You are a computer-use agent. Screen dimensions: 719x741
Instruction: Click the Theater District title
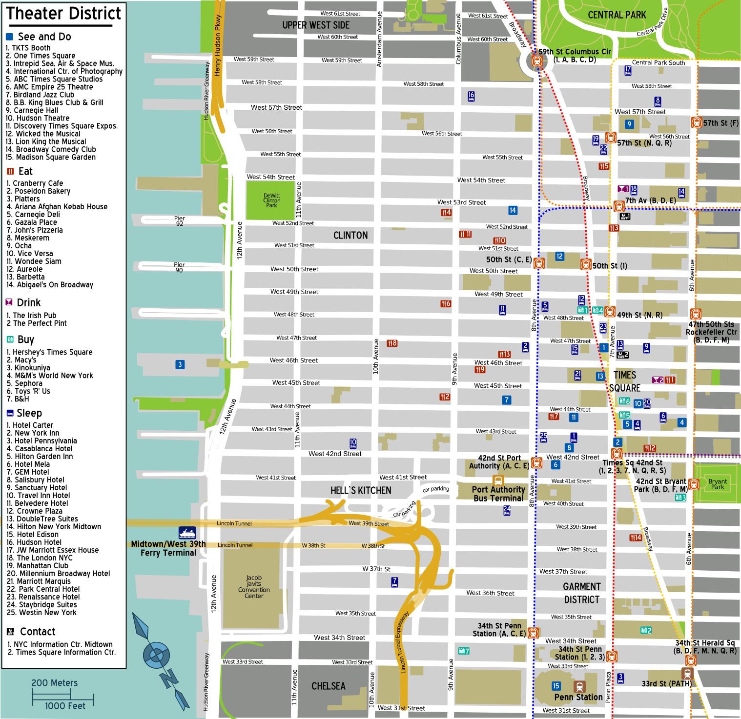pos(64,14)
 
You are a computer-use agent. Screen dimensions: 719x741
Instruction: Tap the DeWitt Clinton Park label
pos(271,200)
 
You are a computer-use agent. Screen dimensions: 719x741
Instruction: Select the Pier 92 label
pos(180,221)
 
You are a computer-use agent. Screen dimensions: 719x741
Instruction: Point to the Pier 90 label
pos(179,267)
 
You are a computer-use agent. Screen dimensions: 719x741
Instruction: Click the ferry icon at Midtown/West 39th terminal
pos(187,533)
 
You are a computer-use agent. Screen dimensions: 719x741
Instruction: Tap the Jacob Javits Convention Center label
pos(254,587)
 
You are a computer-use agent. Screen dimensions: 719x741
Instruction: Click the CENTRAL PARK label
pos(617,15)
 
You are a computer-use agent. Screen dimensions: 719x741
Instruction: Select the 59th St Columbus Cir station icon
pos(537,61)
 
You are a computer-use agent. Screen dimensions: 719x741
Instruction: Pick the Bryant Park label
pos(718,484)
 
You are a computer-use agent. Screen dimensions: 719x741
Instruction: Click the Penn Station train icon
pos(579,686)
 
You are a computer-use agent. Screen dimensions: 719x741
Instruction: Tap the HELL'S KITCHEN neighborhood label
pos(361,491)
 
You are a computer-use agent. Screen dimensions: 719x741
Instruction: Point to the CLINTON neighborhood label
pos(350,236)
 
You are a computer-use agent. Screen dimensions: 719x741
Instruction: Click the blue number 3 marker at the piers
pos(180,364)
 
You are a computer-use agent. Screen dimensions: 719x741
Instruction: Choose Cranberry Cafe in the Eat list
pos(35,183)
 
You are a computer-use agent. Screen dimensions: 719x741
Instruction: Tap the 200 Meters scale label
pos(54,683)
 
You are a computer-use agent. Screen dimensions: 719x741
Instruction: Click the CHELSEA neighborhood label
pos(329,686)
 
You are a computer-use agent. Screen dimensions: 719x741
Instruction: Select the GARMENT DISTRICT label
pos(581,593)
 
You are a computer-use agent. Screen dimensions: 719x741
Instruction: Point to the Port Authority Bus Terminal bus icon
pos(498,480)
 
